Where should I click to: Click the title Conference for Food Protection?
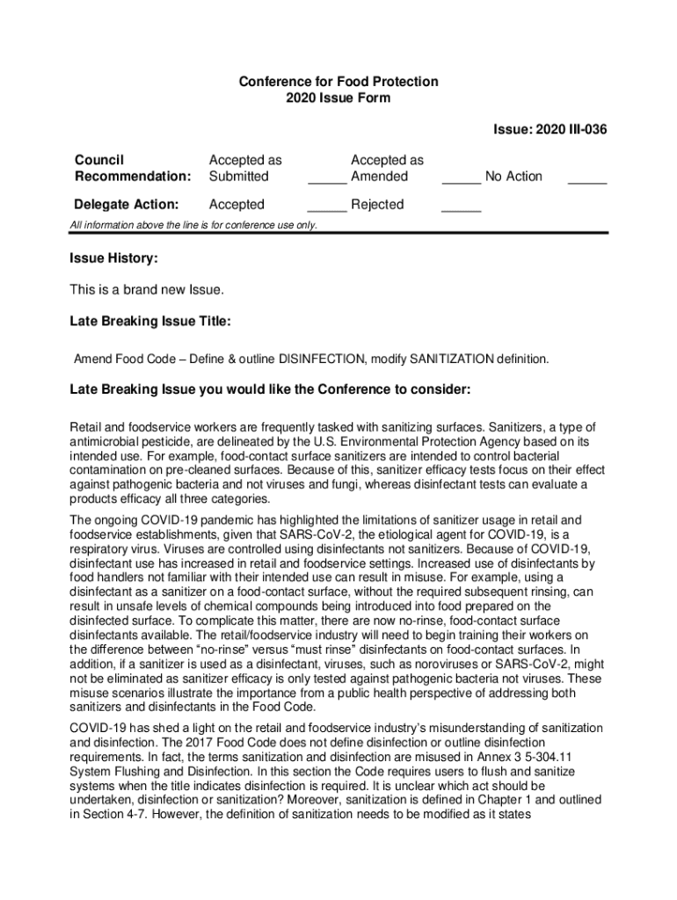338,82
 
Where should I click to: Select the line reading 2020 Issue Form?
338,98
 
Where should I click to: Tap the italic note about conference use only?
193,226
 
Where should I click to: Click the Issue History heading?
113,259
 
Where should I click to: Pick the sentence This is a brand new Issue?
147,290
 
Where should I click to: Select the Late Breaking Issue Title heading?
150,323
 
